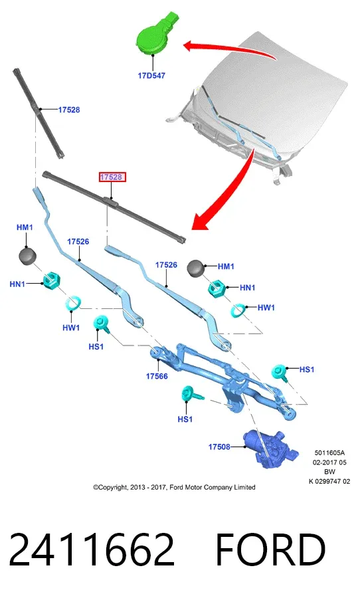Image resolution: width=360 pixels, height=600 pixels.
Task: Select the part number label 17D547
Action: click(x=151, y=76)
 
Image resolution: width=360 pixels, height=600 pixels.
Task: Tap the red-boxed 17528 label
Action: click(x=111, y=177)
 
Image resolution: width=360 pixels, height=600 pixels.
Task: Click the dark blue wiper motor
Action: click(x=270, y=448)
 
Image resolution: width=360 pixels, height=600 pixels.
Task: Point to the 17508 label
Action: click(x=219, y=447)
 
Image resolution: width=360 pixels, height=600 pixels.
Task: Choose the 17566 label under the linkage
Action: click(x=157, y=377)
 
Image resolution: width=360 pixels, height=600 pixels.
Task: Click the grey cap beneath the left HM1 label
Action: click(x=27, y=256)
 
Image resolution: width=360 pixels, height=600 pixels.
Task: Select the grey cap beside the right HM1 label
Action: click(x=196, y=268)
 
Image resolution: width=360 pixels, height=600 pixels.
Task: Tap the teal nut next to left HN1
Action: click(x=52, y=282)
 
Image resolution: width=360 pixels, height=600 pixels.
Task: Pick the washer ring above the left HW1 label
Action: click(x=73, y=304)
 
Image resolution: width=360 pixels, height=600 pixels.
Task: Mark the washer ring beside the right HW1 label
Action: click(x=238, y=310)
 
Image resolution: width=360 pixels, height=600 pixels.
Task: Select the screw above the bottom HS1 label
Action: click(x=191, y=394)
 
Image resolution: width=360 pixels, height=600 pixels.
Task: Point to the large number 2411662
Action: click(x=91, y=550)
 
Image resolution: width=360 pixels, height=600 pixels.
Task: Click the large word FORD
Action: click(x=271, y=550)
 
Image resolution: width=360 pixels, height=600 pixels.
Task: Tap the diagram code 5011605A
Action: click(x=329, y=453)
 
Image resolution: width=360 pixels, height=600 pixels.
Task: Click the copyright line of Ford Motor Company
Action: click(x=174, y=488)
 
